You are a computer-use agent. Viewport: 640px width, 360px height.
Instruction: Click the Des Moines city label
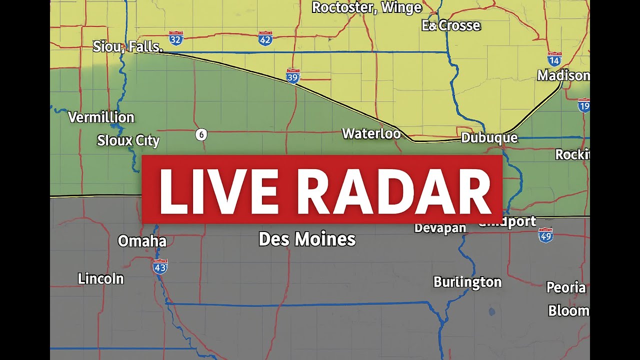pos(307,239)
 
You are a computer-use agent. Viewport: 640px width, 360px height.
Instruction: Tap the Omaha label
pos(142,241)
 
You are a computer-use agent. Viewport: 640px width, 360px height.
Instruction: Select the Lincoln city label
pos(101,278)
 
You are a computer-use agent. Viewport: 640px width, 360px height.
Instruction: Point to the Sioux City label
pos(128,140)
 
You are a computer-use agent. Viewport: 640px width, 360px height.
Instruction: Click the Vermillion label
pos(101,117)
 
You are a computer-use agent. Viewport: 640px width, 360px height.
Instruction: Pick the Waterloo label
pos(371,133)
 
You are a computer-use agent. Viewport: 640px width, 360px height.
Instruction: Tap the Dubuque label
pos(489,137)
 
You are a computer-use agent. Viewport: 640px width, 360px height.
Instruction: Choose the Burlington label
pos(467,282)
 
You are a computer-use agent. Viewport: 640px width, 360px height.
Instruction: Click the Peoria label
pos(566,287)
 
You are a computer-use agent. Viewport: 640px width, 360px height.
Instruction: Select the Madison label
pos(563,75)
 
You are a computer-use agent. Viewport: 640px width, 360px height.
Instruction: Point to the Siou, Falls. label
pos(128,47)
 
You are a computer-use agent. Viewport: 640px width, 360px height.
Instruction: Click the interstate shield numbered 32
pos(176,37)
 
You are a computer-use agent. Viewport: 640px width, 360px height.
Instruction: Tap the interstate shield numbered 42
pos(265,38)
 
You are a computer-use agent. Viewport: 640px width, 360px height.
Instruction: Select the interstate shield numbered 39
pos(293,75)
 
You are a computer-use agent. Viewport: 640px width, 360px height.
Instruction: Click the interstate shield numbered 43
pos(160,266)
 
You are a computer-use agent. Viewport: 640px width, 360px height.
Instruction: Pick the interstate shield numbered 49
pos(545,235)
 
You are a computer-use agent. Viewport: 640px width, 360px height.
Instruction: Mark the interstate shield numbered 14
pos(554,59)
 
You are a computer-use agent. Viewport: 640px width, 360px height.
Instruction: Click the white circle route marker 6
pos(201,134)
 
